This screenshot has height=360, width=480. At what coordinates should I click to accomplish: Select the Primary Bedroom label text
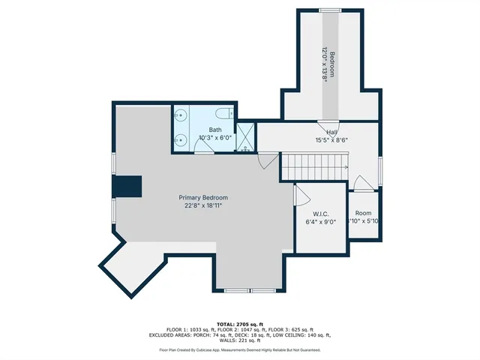(203, 197)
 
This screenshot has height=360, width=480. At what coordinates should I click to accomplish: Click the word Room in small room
(363, 213)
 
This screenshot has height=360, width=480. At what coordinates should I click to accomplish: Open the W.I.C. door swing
(301, 196)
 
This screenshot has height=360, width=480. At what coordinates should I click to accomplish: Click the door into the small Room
(361, 184)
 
